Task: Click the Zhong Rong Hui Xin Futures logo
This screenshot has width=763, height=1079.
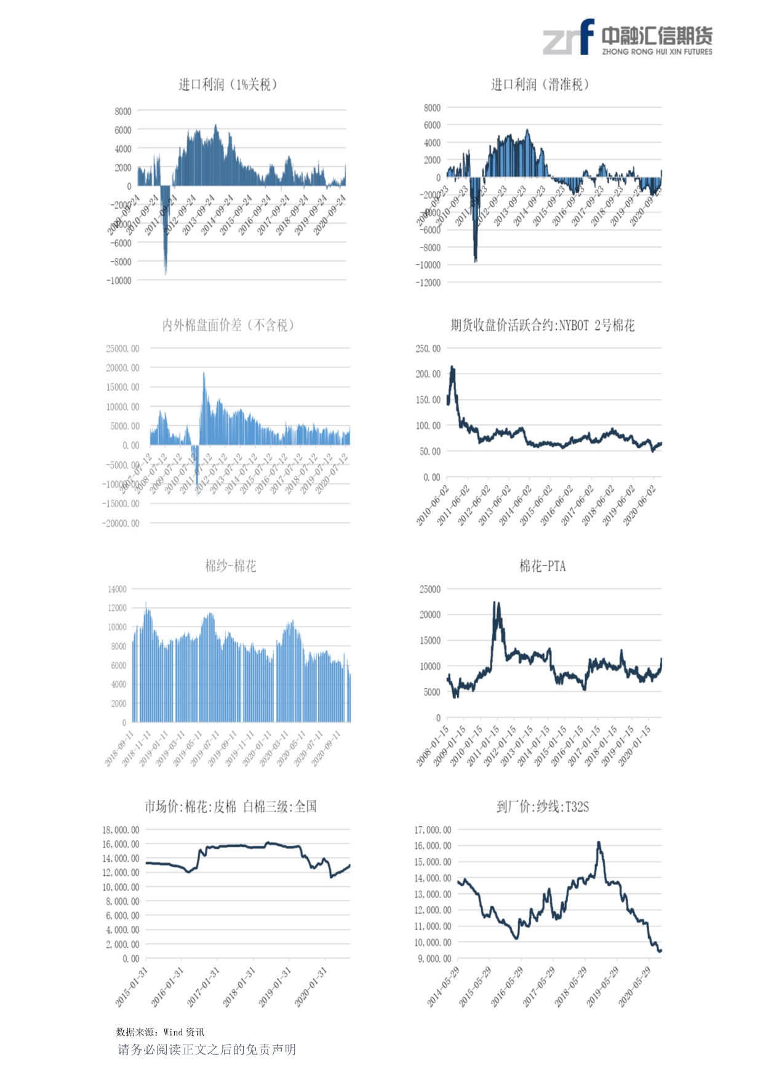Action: pyautogui.click(x=627, y=38)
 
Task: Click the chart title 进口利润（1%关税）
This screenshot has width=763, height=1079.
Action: pyautogui.click(x=228, y=84)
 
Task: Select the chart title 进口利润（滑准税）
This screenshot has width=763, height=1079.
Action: pyautogui.click(x=540, y=84)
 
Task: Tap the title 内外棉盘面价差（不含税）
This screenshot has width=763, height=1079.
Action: pyautogui.click(x=228, y=325)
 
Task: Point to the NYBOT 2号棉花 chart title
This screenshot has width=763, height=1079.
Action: pyautogui.click(x=542, y=325)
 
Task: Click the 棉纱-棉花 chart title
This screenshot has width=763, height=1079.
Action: pyautogui.click(x=231, y=566)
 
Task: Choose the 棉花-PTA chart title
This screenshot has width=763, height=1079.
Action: pyautogui.click(x=542, y=566)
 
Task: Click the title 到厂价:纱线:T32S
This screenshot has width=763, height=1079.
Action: pyautogui.click(x=542, y=806)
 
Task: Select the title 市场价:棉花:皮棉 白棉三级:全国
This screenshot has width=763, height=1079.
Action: pyautogui.click(x=231, y=806)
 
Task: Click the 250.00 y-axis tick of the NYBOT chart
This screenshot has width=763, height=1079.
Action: pyautogui.click(x=428, y=348)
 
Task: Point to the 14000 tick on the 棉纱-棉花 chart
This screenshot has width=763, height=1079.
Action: pyautogui.click(x=117, y=589)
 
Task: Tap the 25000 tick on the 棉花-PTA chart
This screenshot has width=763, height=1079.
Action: pyautogui.click(x=430, y=589)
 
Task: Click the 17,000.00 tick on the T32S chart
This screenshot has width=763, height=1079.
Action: pyautogui.click(x=433, y=830)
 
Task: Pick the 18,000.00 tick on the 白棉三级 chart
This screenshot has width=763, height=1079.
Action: pyautogui.click(x=121, y=830)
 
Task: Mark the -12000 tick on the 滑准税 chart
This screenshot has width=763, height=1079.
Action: pyautogui.click(x=428, y=283)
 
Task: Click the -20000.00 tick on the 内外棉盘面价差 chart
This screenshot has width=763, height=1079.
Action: pyautogui.click(x=121, y=523)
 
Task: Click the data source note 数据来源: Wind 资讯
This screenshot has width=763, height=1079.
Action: pyautogui.click(x=160, y=1032)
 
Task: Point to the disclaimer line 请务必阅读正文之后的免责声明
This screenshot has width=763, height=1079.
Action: pyautogui.click(x=207, y=1049)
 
